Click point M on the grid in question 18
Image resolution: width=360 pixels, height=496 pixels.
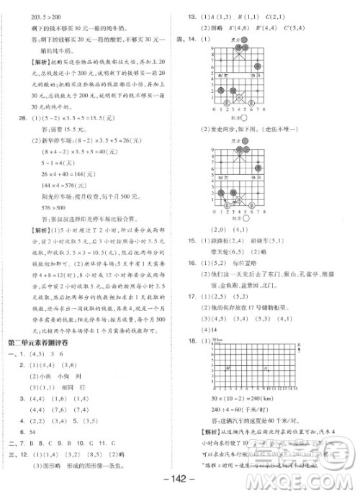pos(228,367)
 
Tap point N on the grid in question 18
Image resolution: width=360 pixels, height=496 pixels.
pos(266,367)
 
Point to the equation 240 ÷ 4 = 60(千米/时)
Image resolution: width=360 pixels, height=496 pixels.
pos(243,407)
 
